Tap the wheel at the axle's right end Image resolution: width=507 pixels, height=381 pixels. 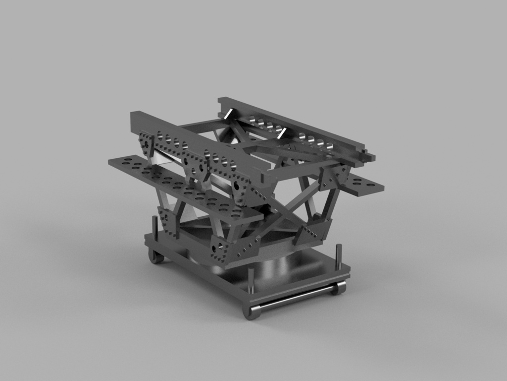[340, 288]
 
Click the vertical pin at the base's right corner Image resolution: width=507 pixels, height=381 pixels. [339, 255]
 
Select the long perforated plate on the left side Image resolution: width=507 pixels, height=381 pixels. [183, 189]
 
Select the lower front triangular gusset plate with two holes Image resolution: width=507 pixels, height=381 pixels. [219, 250]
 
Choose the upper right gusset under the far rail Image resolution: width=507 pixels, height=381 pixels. [332, 177]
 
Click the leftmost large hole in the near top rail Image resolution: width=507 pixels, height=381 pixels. [160, 134]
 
